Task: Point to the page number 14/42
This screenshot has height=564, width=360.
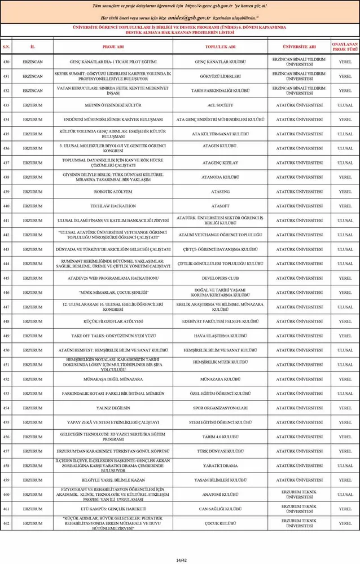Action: [180, 544]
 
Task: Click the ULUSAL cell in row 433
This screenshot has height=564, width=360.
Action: [345, 105]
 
